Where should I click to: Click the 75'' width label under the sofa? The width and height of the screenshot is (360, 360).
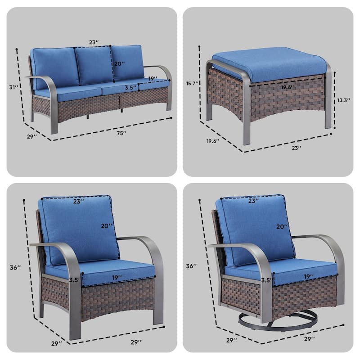121,133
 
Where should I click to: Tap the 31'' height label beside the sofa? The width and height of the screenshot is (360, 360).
13,87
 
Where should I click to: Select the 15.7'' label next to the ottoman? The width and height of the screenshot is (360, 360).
192,83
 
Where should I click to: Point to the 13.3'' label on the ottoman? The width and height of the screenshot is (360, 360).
344,100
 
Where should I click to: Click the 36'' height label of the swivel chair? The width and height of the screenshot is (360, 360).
191,266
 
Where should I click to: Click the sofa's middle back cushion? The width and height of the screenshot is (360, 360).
94,65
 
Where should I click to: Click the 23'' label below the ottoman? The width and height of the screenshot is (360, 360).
297,148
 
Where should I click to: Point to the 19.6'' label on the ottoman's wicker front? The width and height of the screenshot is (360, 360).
288,87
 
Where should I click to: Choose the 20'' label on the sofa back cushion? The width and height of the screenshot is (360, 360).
119,63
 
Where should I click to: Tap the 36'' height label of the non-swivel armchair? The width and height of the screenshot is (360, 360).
15,267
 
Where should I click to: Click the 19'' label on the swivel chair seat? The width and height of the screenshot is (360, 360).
309,277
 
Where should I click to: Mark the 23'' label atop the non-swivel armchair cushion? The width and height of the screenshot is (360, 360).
78,201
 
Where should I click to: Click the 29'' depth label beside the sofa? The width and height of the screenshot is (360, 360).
32,137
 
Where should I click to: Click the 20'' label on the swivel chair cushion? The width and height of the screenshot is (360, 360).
282,227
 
